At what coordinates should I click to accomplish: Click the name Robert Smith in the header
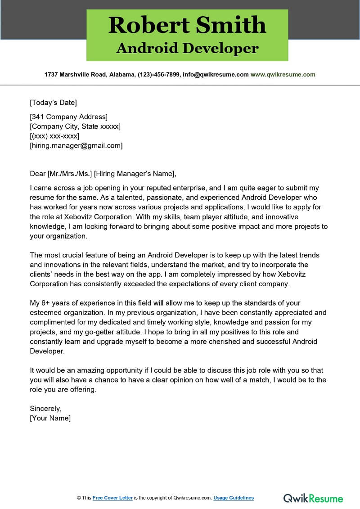(x=187, y=25)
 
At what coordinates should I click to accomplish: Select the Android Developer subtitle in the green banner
(x=187, y=49)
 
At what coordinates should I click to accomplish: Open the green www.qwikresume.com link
(x=283, y=75)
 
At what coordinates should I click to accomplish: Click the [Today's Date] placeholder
(x=53, y=102)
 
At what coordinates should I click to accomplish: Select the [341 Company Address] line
(x=68, y=117)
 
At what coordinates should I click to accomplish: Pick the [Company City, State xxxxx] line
(x=75, y=126)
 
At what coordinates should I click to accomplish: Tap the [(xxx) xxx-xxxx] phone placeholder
(x=54, y=136)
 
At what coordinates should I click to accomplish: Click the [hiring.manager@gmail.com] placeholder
(x=76, y=145)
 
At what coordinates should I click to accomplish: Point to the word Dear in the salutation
(x=38, y=174)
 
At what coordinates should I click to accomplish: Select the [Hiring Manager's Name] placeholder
(x=135, y=174)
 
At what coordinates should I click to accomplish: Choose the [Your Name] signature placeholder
(x=50, y=418)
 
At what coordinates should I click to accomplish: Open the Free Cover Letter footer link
(x=112, y=498)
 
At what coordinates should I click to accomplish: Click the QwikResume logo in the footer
(x=313, y=498)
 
